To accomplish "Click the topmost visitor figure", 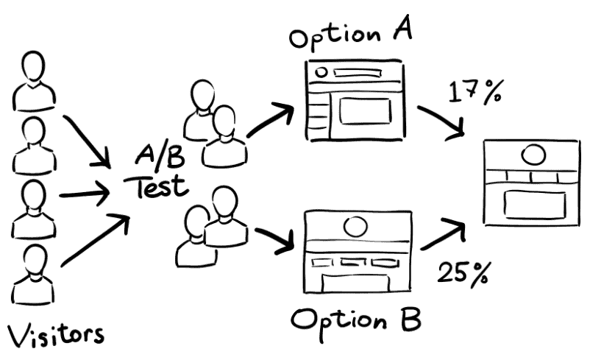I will pos(32,77).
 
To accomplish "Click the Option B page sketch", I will pos(355,251).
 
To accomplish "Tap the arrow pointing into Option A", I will pos(271,119).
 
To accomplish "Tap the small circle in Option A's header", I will pos(320,72).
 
